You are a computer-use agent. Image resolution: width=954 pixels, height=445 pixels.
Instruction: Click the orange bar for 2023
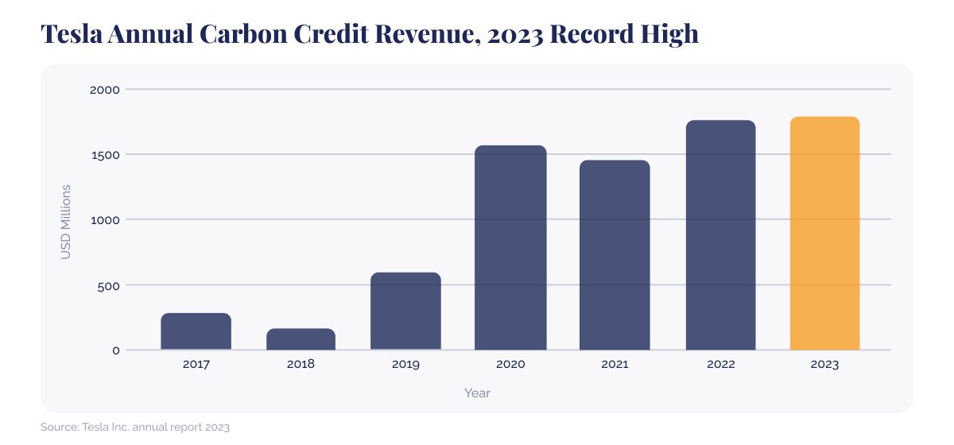tap(824, 234)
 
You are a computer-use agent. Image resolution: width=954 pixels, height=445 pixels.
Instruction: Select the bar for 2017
tap(196, 331)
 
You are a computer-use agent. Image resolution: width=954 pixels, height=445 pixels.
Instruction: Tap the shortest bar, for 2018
tap(301, 339)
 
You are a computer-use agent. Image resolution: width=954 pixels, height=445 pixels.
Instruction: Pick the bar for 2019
tap(405, 311)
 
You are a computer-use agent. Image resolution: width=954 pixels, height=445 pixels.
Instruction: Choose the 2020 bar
tap(510, 248)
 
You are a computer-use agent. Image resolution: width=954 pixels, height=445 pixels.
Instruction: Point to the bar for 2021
tap(615, 255)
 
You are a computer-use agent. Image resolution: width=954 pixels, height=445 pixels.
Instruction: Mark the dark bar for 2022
tap(720, 235)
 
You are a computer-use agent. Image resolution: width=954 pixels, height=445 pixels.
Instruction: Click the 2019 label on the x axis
tap(405, 365)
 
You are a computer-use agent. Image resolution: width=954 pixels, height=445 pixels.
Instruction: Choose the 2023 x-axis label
tap(824, 365)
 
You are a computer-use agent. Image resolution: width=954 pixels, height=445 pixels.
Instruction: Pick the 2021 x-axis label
tap(615, 365)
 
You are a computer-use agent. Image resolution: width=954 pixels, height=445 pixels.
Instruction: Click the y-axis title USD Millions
tap(66, 221)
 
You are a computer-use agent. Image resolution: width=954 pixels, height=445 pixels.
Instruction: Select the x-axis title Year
tap(477, 393)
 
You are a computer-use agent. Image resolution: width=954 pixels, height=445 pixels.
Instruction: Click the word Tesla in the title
tap(70, 33)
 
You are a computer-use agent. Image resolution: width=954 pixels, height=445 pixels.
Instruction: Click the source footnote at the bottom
tap(135, 428)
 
